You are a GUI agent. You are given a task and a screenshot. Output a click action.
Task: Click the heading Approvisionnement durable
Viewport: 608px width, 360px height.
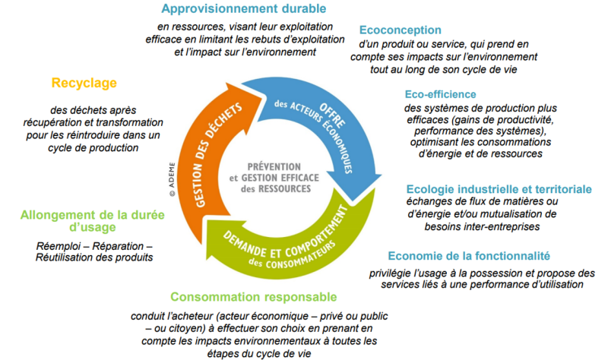pyautogui.click(x=243, y=9)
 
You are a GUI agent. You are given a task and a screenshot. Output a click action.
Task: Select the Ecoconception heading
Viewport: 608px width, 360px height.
pyautogui.click(x=401, y=30)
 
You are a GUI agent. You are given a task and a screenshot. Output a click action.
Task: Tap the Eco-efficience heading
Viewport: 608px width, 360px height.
pyautogui.click(x=440, y=94)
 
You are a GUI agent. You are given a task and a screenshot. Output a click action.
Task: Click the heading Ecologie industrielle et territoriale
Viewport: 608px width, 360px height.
pyautogui.click(x=499, y=189)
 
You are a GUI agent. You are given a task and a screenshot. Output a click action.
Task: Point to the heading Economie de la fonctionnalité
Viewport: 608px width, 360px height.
pyautogui.click(x=469, y=256)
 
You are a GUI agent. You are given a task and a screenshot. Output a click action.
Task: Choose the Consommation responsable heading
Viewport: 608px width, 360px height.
pyautogui.click(x=254, y=297)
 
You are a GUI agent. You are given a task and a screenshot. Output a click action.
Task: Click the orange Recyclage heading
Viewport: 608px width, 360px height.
pyautogui.click(x=84, y=83)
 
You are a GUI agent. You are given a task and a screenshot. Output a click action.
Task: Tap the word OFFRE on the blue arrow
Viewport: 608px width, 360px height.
pyautogui.click(x=332, y=115)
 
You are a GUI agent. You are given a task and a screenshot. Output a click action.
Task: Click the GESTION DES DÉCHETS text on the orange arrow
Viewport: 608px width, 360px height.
pyautogui.click(x=217, y=155)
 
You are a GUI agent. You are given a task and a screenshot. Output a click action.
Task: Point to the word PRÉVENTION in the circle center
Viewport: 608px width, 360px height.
pyautogui.click(x=274, y=166)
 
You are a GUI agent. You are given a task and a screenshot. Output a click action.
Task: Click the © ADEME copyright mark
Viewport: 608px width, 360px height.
pyautogui.click(x=173, y=179)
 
